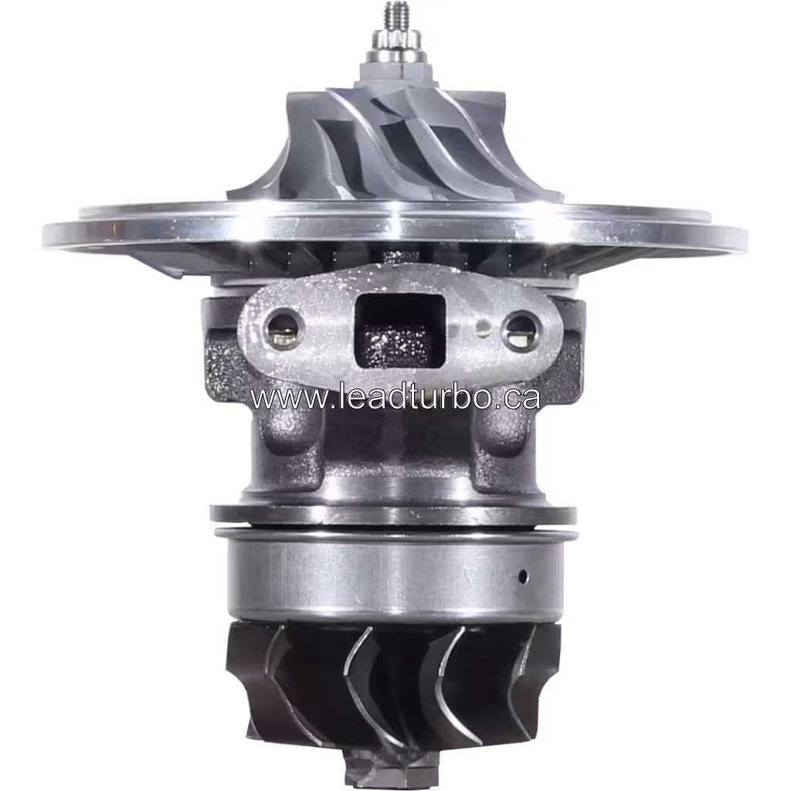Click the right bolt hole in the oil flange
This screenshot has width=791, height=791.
click(x=519, y=331)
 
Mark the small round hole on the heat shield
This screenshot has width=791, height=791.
click(x=523, y=576)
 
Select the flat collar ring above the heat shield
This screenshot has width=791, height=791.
click(x=394, y=514)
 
